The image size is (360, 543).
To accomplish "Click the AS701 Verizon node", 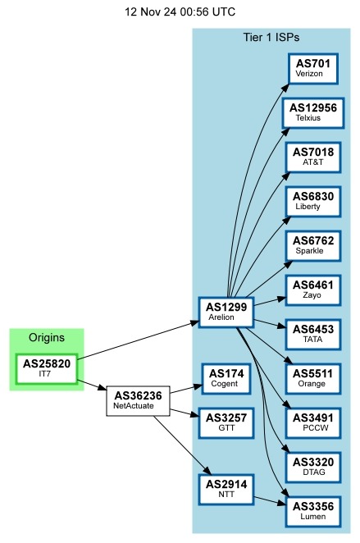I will [312, 68].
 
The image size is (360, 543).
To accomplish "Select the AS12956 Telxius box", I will [312, 112].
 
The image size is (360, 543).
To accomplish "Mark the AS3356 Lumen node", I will [312, 511].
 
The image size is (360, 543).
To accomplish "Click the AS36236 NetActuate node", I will [137, 400].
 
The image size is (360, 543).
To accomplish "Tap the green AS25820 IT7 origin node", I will [46, 368].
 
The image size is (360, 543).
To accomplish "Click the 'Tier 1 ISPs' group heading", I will [271, 38].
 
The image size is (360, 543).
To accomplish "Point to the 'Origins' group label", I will [46, 338].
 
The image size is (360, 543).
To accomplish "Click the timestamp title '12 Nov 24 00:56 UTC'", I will [180, 12].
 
